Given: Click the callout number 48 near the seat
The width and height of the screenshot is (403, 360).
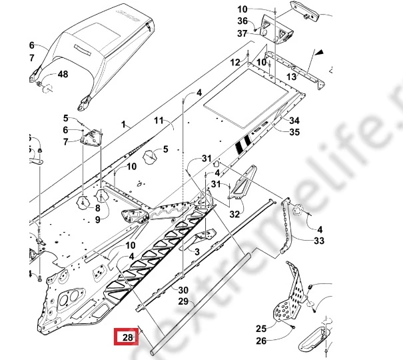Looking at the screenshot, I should tap(63, 74).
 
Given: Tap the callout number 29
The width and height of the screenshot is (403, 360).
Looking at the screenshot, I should tap(183, 302).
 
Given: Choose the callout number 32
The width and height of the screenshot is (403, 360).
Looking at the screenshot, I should tap(234, 214).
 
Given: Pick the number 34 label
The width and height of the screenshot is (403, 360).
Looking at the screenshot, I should tap(294, 121).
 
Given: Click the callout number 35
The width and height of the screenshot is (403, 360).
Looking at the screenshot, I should tap(294, 133).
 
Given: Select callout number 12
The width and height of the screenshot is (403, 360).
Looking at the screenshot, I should tap(235, 62).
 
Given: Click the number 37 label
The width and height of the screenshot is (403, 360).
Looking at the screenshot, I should tap(242, 33).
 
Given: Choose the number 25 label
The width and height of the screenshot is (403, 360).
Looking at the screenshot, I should tap(261, 329).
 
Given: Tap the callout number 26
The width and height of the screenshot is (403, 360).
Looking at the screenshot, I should tap(261, 341).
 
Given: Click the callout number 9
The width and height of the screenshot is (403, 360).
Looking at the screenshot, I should tap(97, 219).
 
